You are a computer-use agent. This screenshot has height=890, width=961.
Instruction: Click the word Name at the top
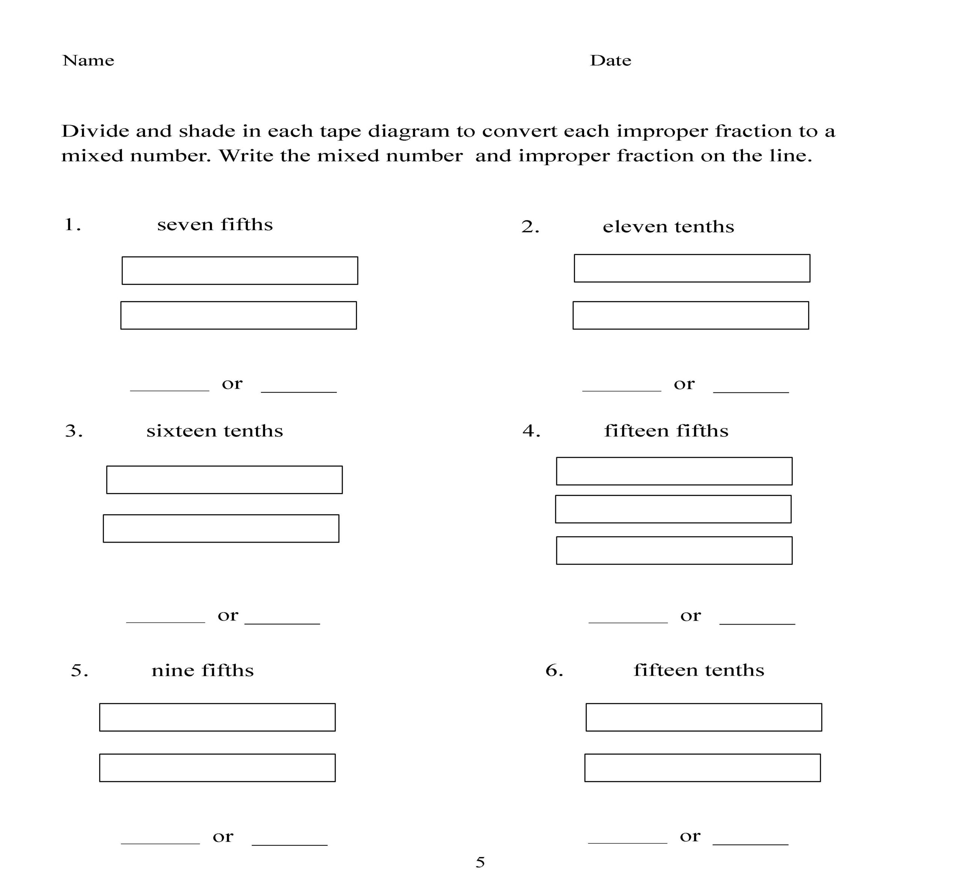(88, 61)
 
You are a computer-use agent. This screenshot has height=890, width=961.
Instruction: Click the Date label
(610, 61)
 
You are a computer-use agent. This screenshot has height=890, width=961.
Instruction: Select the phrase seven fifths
(215, 225)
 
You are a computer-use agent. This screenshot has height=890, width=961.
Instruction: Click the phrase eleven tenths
(668, 227)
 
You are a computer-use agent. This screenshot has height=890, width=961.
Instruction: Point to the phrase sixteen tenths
(214, 431)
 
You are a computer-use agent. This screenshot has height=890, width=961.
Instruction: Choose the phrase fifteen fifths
(666, 431)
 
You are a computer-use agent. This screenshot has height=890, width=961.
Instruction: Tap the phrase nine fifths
(202, 670)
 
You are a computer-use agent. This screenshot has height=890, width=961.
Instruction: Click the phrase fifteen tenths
(698, 670)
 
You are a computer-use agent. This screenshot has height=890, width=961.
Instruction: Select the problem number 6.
(554, 670)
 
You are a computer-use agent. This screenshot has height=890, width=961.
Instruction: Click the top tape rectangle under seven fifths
(240, 271)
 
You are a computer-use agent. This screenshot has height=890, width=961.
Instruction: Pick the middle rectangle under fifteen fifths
(673, 509)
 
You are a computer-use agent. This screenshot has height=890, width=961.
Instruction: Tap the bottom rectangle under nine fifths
(217, 768)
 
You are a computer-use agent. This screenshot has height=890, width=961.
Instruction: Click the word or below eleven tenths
(684, 384)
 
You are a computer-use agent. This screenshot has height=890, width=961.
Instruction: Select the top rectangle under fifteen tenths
(703, 717)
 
